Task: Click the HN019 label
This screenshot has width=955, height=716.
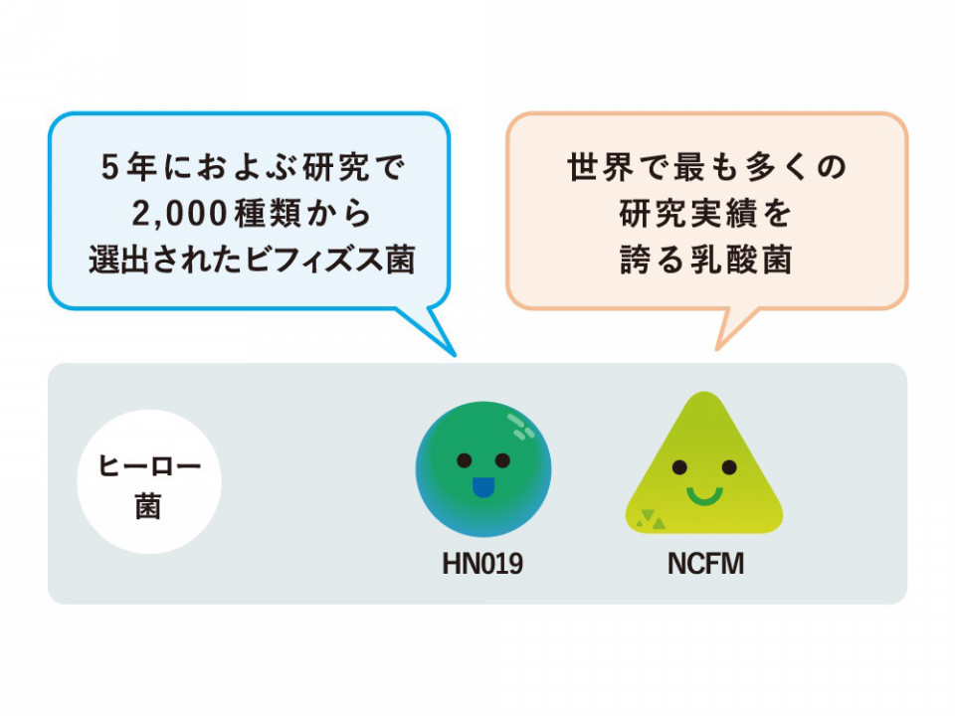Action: click(482, 564)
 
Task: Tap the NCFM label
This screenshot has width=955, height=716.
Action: click(706, 564)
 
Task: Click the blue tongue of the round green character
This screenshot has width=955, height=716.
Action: click(482, 487)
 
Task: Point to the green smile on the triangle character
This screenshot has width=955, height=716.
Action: click(704, 496)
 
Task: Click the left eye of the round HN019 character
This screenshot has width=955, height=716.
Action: click(465, 460)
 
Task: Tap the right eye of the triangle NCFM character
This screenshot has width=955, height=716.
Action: click(729, 467)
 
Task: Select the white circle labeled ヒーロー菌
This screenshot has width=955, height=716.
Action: click(149, 481)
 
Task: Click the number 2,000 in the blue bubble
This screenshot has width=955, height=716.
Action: click(180, 215)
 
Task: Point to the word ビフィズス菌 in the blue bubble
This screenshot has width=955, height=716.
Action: click(330, 261)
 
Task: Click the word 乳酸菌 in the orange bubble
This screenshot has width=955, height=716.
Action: click(742, 261)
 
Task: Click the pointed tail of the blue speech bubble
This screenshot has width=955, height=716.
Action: click(454, 354)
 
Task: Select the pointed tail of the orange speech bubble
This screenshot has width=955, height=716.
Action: click(718, 348)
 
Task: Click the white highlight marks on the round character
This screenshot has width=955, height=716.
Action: click(520, 427)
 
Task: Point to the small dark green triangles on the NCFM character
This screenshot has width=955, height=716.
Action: click(651, 519)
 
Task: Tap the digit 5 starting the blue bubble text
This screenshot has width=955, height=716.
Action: click(109, 167)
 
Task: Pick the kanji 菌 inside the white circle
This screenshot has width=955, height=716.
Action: click(148, 505)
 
